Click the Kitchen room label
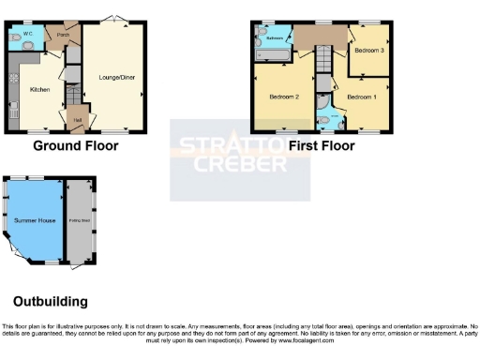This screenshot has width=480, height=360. coord(39,90)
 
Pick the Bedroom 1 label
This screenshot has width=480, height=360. coord(361,97)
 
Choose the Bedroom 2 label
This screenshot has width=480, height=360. coord(283,97)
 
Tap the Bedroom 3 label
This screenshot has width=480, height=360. coord(368,51)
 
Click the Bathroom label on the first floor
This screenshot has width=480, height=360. coord(275,38)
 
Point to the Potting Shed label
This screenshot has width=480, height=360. coord(79,220)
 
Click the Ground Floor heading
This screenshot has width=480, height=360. coord(76,146)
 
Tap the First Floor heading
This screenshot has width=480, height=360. coord(322,146)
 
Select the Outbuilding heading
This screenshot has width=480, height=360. coord(51,302)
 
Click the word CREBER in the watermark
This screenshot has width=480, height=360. coord(240,166)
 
